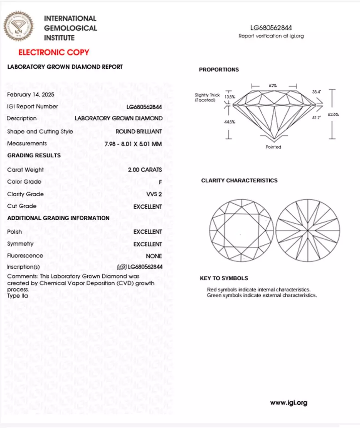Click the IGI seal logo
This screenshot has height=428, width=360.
[19, 26]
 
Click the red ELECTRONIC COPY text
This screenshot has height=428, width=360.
[54, 52]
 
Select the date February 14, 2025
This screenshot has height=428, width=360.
[30, 95]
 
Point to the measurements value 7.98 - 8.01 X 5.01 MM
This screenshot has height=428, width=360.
[133, 144]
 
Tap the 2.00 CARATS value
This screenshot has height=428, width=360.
[145, 170]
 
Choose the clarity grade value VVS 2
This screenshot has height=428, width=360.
[154, 194]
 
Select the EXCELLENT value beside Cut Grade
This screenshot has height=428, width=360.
[148, 207]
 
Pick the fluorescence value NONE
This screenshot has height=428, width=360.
[154, 256]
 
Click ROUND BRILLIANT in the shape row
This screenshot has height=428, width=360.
[139, 132]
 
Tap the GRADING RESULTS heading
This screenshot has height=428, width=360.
[34, 155]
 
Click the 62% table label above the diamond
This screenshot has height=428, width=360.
[273, 86]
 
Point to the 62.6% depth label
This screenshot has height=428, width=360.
[333, 114]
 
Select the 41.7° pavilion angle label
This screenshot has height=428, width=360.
[316, 118]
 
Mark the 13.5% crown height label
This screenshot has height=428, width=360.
[230, 97]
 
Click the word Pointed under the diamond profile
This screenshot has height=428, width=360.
[273, 147]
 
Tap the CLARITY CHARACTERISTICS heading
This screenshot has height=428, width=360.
[239, 181]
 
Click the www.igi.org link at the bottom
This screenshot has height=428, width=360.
[288, 403]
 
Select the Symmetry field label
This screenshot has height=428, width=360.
[20, 244]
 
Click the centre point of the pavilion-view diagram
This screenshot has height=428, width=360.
[308, 230]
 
